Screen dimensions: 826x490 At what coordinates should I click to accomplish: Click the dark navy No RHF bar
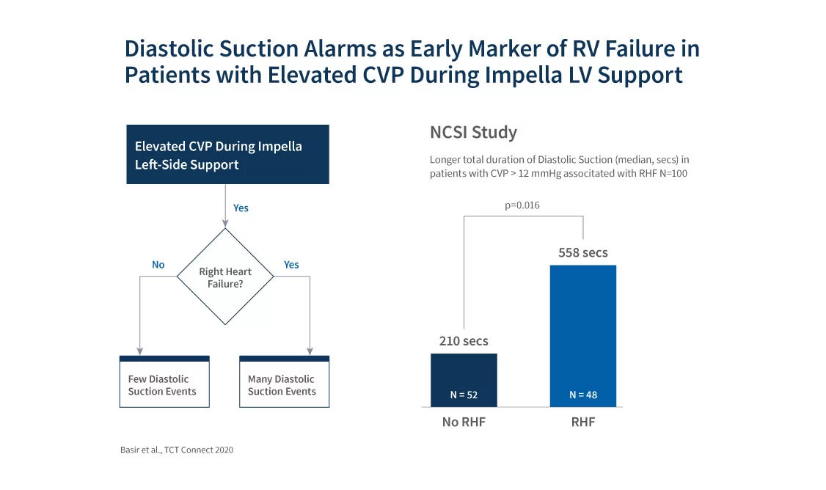click(x=464, y=380)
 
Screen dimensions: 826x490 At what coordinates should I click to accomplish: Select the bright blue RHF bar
click(x=583, y=336)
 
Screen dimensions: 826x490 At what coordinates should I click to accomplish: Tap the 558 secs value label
click(x=583, y=252)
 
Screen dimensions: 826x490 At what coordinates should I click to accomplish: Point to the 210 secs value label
click(x=464, y=341)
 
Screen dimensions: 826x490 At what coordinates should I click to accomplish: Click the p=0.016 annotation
click(x=522, y=205)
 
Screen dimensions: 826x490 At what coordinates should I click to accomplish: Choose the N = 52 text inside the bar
click(x=464, y=395)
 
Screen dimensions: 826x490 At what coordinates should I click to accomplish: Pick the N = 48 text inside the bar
click(x=583, y=395)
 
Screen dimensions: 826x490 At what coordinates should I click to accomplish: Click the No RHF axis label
click(x=464, y=422)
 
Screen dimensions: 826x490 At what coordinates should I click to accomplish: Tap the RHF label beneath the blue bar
click(x=583, y=422)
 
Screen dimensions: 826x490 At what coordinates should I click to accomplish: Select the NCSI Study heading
click(x=474, y=132)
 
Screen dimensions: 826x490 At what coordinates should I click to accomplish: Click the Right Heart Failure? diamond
click(x=225, y=277)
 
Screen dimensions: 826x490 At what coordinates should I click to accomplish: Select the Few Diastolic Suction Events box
click(x=164, y=381)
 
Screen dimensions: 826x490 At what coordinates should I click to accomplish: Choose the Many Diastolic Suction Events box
click(x=285, y=381)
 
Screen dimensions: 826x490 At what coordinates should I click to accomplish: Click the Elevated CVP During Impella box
click(x=227, y=154)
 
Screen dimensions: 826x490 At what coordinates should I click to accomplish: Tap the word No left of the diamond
click(x=158, y=265)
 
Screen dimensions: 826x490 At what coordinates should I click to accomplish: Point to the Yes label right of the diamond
click(x=291, y=265)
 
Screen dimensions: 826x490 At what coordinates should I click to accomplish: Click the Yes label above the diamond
click(x=241, y=208)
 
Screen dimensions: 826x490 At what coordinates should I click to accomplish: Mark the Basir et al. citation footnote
click(x=177, y=450)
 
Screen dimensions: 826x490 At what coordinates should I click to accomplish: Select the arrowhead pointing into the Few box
click(x=139, y=351)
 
